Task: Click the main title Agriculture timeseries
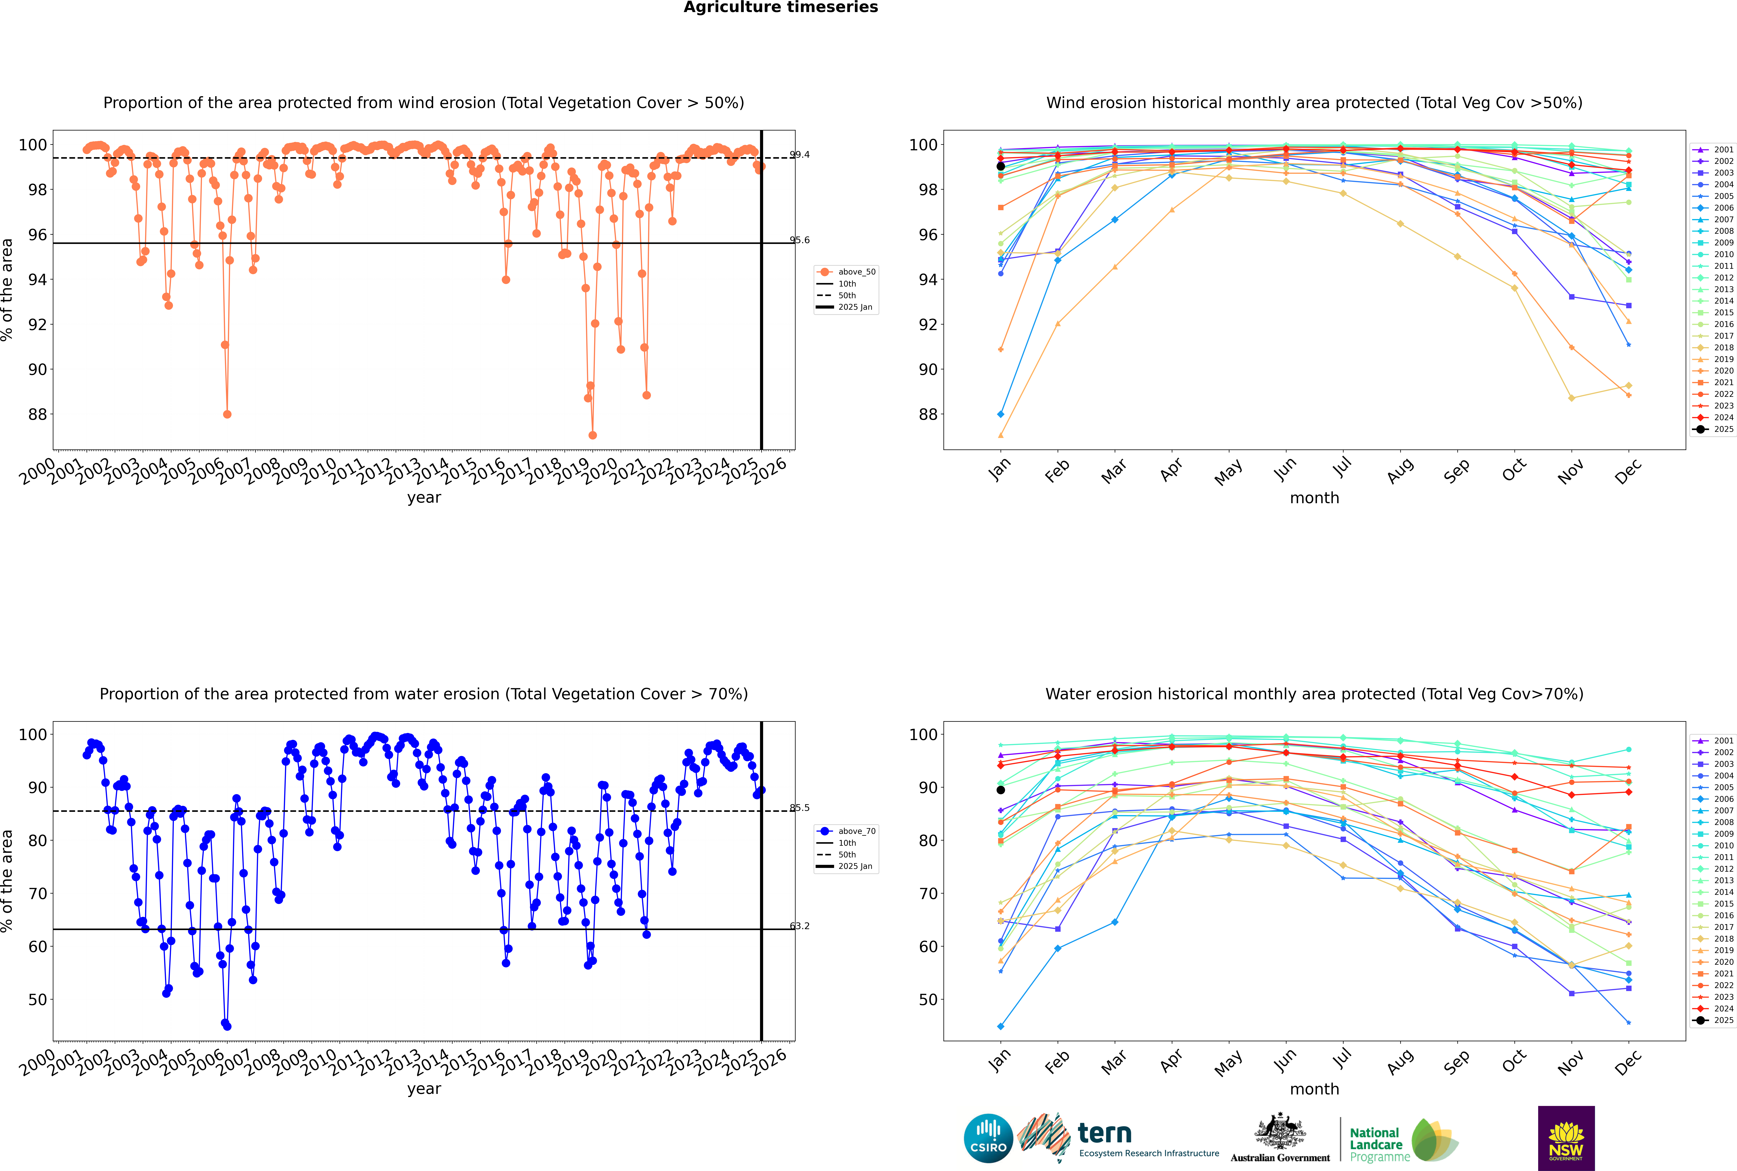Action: coord(780,7)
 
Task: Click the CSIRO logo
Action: coord(988,1138)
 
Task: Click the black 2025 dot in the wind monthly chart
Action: coord(1001,166)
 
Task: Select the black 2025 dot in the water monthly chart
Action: coord(1001,789)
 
